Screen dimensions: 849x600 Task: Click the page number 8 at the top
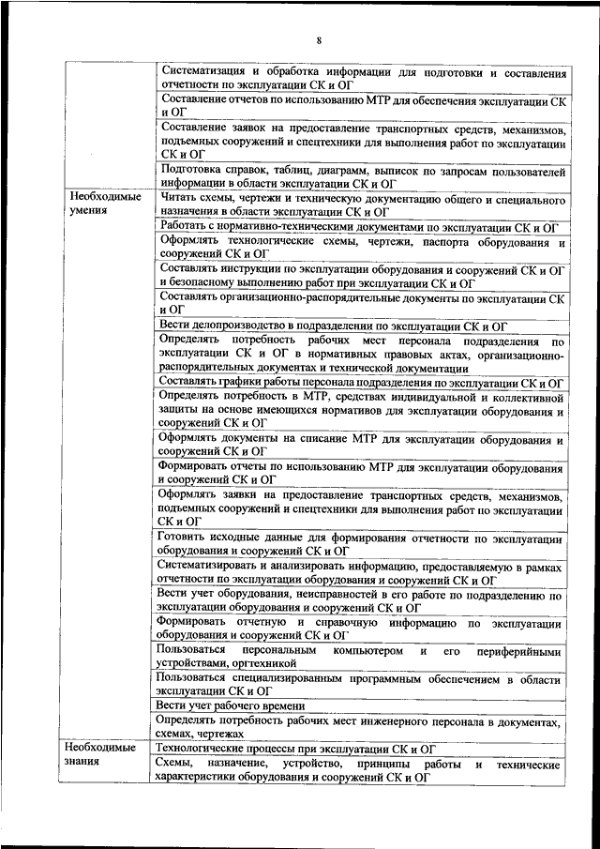pos(319,40)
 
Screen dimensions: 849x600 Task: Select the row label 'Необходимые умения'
pos(103,205)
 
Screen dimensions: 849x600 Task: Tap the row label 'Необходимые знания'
pos(103,756)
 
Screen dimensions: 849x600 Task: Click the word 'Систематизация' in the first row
pos(204,71)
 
